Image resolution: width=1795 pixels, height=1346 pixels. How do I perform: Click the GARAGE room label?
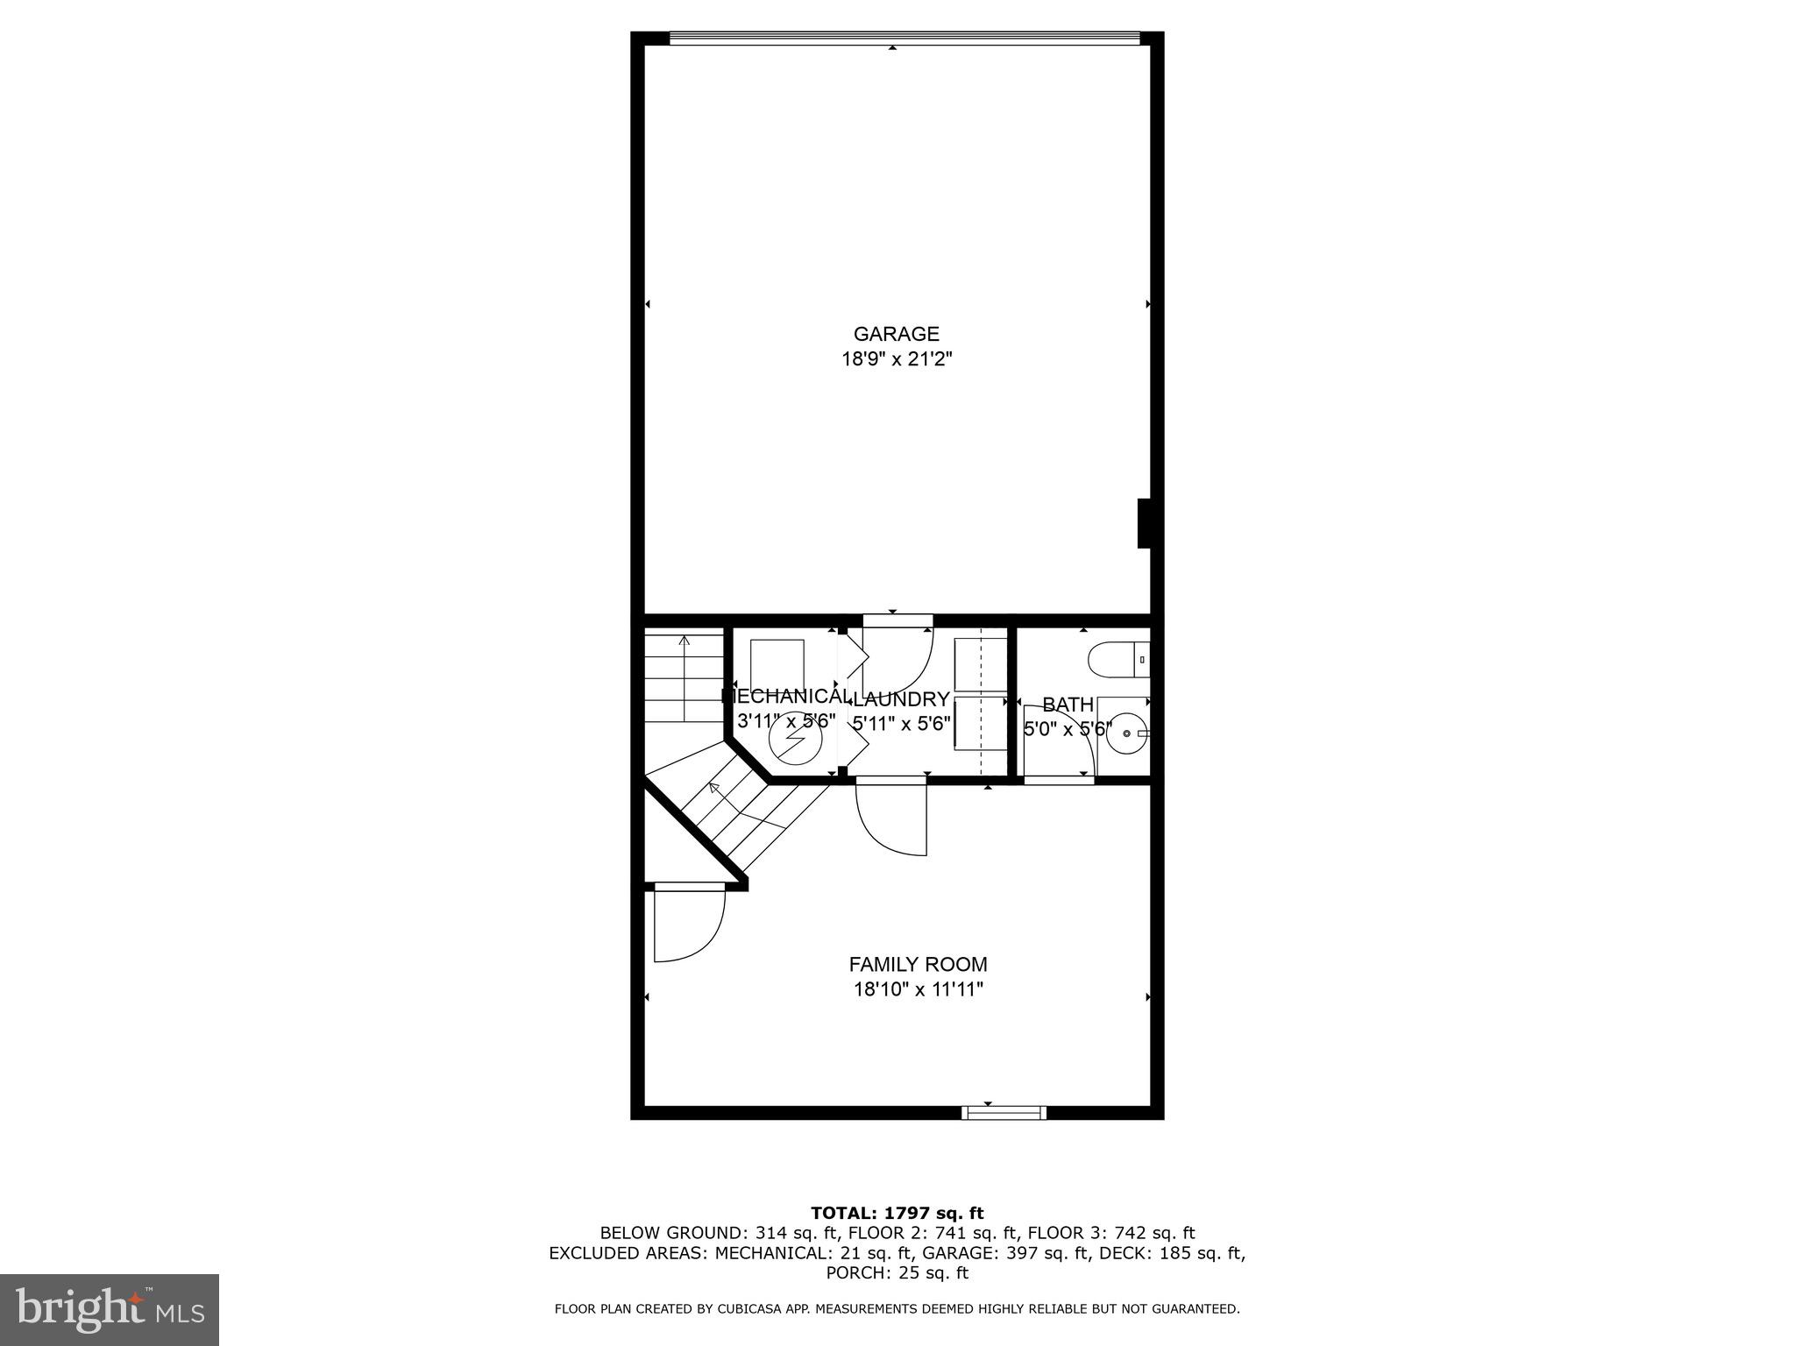coord(896,334)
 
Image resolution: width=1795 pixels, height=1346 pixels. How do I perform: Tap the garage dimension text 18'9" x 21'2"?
coord(896,359)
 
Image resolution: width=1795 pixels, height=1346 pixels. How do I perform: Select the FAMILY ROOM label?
coord(918,965)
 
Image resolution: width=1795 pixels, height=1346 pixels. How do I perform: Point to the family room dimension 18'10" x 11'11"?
coord(918,990)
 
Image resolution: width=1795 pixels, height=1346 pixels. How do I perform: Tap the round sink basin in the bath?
coord(1126,733)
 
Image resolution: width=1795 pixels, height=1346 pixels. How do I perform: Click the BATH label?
coord(1068,705)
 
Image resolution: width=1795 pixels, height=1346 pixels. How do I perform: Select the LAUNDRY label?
coord(901,699)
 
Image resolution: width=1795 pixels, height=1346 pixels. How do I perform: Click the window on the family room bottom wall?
coord(1004,1113)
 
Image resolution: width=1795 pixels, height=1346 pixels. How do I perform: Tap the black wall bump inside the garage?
coord(1144,523)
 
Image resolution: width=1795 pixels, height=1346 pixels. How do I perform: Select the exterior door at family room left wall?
coord(688,924)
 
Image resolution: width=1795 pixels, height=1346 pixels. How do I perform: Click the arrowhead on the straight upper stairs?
coord(685,641)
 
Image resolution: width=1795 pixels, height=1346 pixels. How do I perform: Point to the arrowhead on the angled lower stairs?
coord(713,787)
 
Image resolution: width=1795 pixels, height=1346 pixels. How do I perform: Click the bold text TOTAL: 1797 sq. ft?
coord(897,1214)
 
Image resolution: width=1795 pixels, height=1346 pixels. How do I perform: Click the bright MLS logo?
coord(110,1309)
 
